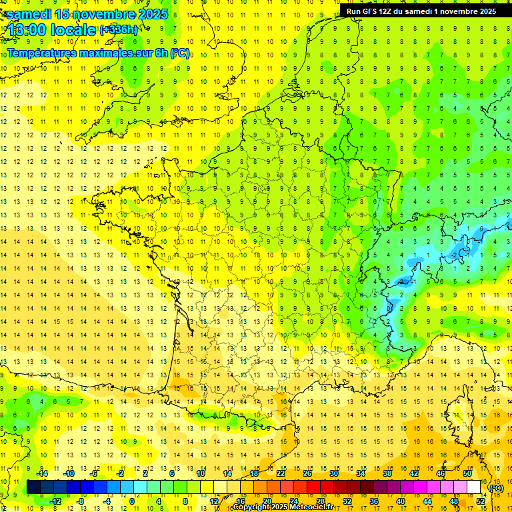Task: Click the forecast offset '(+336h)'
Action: click(x=119, y=30)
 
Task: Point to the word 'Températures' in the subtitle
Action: click(x=41, y=53)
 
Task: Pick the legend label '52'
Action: click(x=481, y=501)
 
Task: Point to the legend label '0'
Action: click(x=131, y=501)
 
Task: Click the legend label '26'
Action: click(x=307, y=473)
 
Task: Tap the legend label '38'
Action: click(x=387, y=473)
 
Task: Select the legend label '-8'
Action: click(x=81, y=501)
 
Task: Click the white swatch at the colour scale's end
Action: click(x=474, y=487)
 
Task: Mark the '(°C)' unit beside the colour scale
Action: click(x=497, y=488)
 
